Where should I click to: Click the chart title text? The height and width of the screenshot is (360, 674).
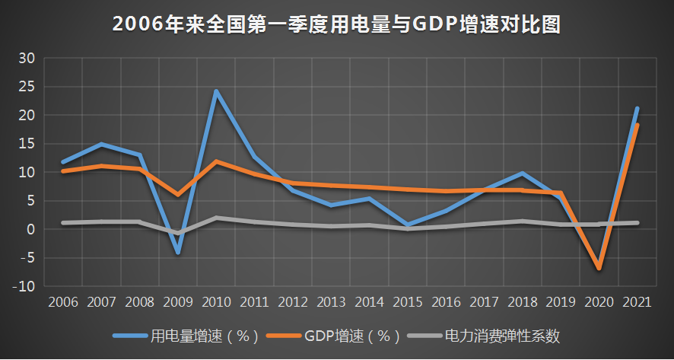(x=336, y=24)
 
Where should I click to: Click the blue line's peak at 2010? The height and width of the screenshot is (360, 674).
(x=216, y=91)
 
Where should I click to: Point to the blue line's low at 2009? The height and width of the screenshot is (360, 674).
(x=177, y=252)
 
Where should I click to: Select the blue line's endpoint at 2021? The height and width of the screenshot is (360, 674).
(x=637, y=109)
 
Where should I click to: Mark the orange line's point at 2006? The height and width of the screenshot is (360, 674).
(x=62, y=171)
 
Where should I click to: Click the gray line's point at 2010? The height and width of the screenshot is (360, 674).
(x=216, y=218)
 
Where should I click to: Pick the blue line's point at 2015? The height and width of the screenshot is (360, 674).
(x=407, y=225)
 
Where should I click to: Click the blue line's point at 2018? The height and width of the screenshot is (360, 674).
(x=522, y=174)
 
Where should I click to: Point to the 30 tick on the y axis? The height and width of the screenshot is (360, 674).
(x=27, y=58)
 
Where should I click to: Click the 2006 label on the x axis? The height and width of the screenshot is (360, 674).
(x=62, y=301)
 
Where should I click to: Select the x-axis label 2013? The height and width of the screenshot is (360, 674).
(x=330, y=301)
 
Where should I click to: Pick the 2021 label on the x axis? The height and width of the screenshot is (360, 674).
(x=637, y=301)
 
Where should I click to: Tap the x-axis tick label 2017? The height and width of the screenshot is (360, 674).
(x=484, y=301)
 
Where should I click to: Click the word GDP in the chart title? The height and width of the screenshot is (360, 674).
(x=434, y=24)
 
